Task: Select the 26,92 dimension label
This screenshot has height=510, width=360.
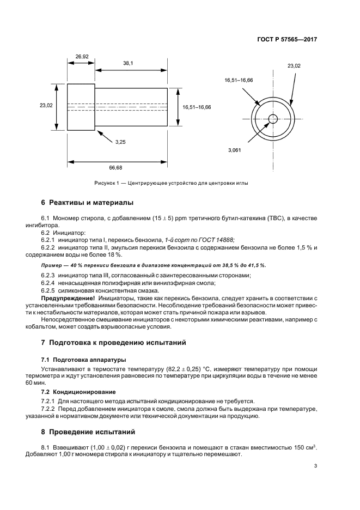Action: coord(82,56)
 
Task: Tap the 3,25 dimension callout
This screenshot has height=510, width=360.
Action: coord(120,142)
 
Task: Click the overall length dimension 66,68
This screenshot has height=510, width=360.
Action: coord(115,168)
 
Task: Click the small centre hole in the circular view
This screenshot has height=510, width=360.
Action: coord(273,119)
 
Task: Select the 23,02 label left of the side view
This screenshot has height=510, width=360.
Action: coord(46,106)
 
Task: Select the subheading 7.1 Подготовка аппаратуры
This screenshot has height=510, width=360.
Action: coord(83,360)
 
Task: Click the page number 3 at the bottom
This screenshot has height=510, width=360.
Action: coord(315,466)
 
